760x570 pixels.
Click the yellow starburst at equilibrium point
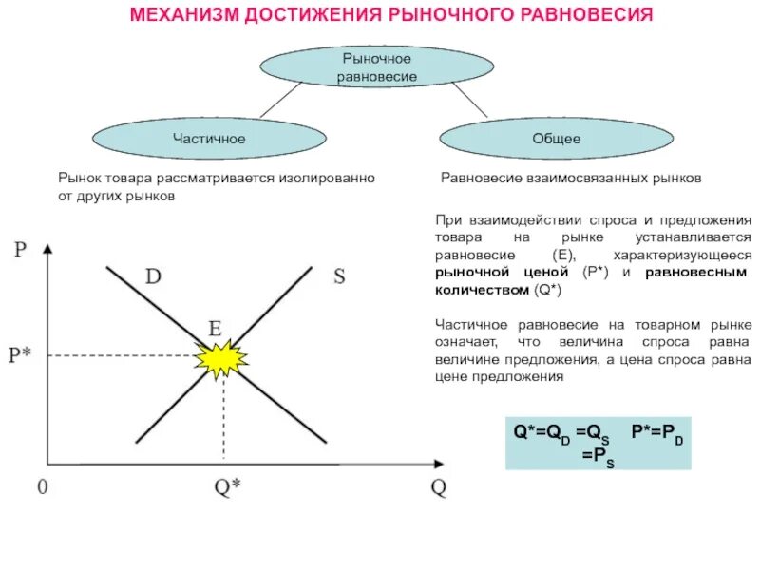point(220,358)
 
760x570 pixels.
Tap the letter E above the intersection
point(216,329)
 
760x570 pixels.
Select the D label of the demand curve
point(153,276)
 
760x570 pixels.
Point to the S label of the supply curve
point(340,277)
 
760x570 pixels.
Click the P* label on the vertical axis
point(20,355)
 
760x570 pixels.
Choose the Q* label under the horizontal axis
point(227,487)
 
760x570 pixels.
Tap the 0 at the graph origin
point(42,486)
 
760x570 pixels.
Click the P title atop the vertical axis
point(21,250)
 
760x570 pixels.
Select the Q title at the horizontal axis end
point(438,487)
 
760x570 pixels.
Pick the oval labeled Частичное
point(209,139)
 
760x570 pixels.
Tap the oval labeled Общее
point(557,139)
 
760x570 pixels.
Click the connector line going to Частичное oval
point(281,100)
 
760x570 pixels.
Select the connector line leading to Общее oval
point(469,100)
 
